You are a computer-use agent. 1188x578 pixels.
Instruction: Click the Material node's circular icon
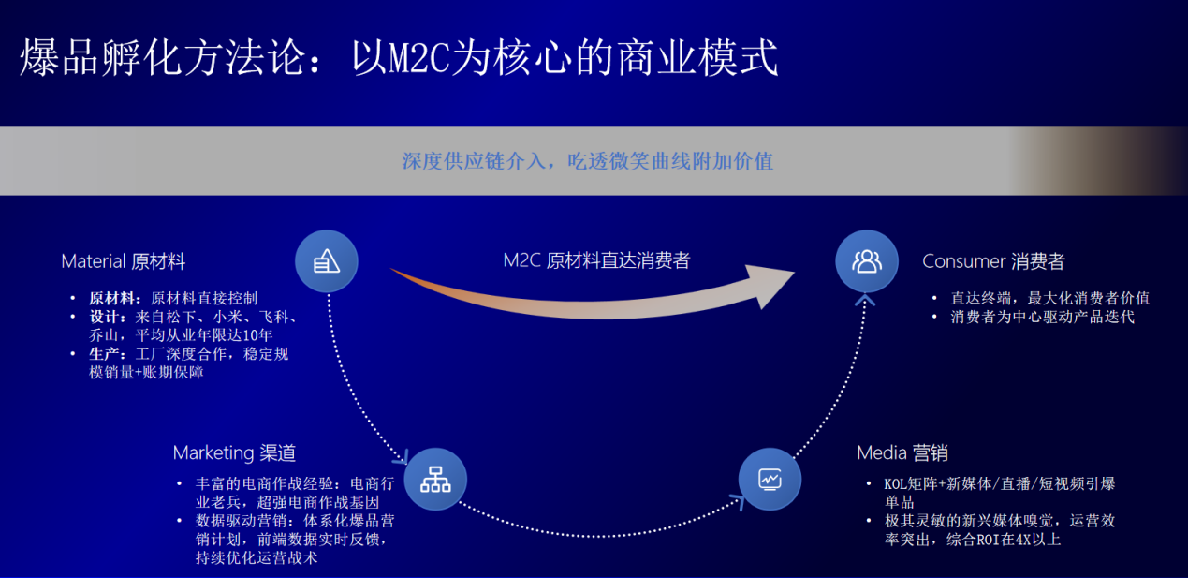pyautogui.click(x=326, y=260)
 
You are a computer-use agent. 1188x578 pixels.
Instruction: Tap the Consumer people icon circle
pyautogui.click(x=866, y=260)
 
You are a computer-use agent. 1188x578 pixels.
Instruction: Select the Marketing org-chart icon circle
pyautogui.click(x=435, y=479)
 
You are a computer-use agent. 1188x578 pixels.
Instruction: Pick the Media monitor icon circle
pyautogui.click(x=770, y=479)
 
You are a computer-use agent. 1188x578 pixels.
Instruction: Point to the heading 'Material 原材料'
pyautogui.click(x=124, y=261)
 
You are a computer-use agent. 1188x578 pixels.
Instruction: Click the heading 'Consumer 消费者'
pyautogui.click(x=993, y=261)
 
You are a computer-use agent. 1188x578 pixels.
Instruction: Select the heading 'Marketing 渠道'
pyautogui.click(x=234, y=453)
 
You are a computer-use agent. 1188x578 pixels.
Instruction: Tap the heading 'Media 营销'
pyautogui.click(x=902, y=453)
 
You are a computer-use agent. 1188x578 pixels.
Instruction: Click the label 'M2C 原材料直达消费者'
pyautogui.click(x=596, y=260)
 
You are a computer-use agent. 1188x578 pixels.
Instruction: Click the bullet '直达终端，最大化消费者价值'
pyautogui.click(x=1050, y=299)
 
